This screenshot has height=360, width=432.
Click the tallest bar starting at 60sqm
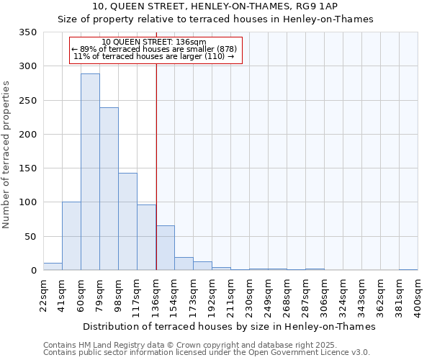click(x=90, y=173)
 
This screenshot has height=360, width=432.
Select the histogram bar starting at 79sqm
click(x=109, y=189)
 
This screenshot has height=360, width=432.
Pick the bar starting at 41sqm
click(x=71, y=236)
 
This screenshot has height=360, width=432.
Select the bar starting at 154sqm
click(x=184, y=264)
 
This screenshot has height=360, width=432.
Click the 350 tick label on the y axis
click(x=27, y=32)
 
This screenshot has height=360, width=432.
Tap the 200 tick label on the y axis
click(x=27, y=135)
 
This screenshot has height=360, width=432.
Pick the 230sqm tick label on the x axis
click(x=249, y=296)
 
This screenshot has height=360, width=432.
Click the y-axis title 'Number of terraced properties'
click(x=6, y=155)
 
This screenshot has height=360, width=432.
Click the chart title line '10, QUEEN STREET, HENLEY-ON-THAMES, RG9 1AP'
click(x=215, y=6)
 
